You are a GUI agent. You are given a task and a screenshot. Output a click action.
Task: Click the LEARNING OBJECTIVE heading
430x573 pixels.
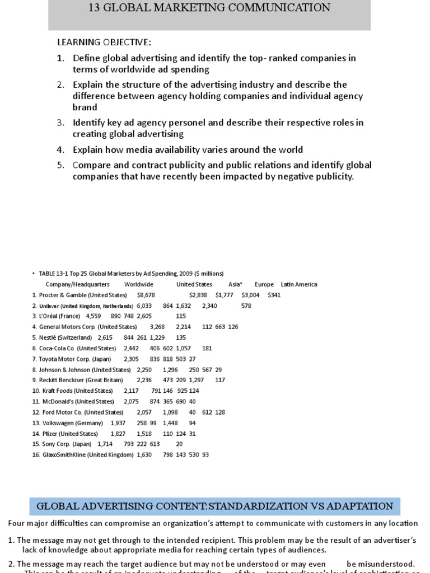pos(104,43)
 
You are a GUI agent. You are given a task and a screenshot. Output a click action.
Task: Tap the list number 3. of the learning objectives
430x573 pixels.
pos(61,123)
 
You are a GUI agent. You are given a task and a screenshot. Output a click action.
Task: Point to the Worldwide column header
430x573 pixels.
pos(138,284)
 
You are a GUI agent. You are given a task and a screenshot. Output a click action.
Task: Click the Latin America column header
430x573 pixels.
pos(299,284)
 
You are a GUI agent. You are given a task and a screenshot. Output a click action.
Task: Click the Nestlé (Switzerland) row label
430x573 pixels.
pos(65,337)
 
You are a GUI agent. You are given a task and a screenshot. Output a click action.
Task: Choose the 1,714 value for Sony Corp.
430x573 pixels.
pos(106,444)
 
